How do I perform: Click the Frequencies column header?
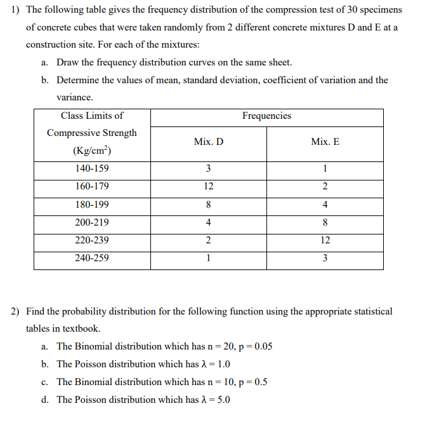point(266,116)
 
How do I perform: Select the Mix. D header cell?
point(209,142)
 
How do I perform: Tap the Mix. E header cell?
point(325,142)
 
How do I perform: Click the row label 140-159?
point(92,169)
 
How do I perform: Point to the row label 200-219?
point(92,223)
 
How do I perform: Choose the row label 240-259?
point(92,259)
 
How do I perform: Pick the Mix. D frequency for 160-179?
point(209,187)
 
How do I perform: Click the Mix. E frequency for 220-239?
point(325,241)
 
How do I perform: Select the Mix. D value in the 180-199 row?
point(209,205)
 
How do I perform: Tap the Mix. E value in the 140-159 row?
point(325,169)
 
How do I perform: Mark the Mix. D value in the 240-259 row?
point(209,259)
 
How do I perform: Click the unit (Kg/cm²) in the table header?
point(92,151)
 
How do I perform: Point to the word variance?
point(75,98)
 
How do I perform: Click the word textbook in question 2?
point(81,329)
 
